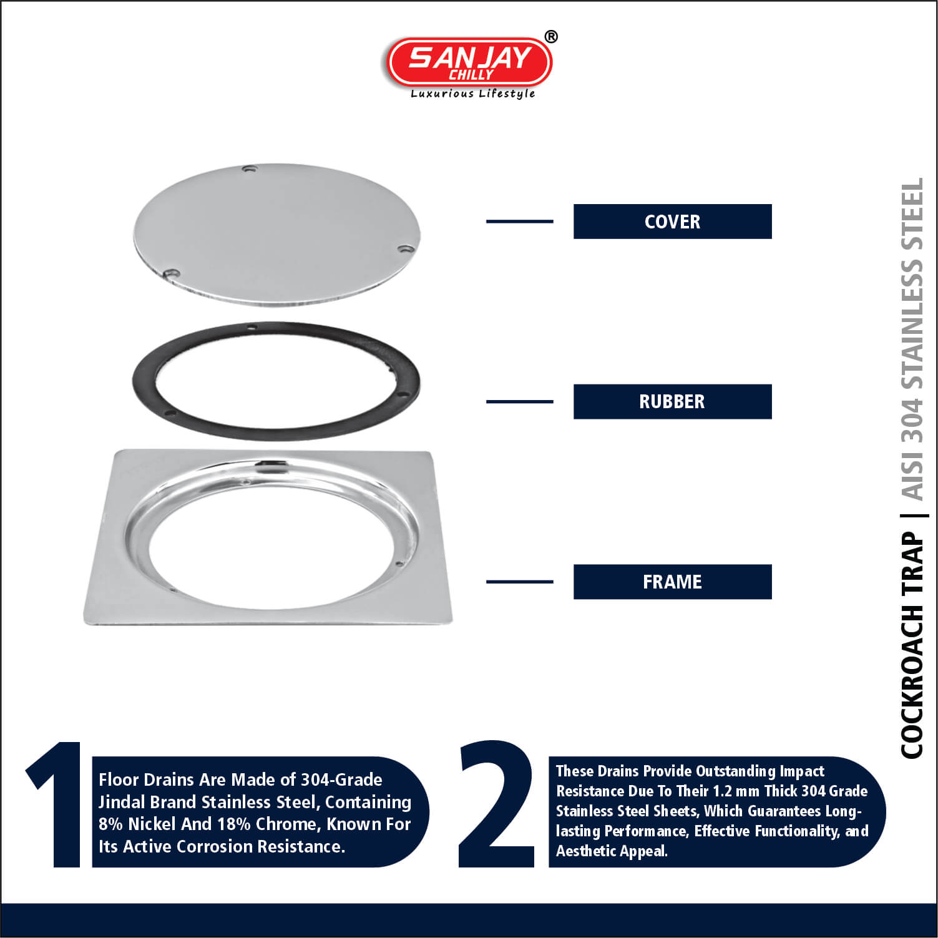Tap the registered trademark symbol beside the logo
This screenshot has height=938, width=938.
tap(551, 37)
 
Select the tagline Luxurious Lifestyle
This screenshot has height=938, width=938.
tap(472, 94)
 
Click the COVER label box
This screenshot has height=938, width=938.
tap(672, 222)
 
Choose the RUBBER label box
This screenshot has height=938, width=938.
tap(672, 402)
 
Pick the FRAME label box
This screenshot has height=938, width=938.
tap(672, 582)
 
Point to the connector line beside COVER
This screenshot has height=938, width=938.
tap(519, 222)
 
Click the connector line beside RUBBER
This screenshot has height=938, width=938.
tap(519, 402)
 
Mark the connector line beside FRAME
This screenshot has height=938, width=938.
tap(519, 582)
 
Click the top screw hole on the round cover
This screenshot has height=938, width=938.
tap(250, 169)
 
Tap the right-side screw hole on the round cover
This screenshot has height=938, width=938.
tap(406, 249)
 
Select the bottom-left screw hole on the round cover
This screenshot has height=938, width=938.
tap(171, 273)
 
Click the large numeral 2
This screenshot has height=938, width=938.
tap(497, 804)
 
